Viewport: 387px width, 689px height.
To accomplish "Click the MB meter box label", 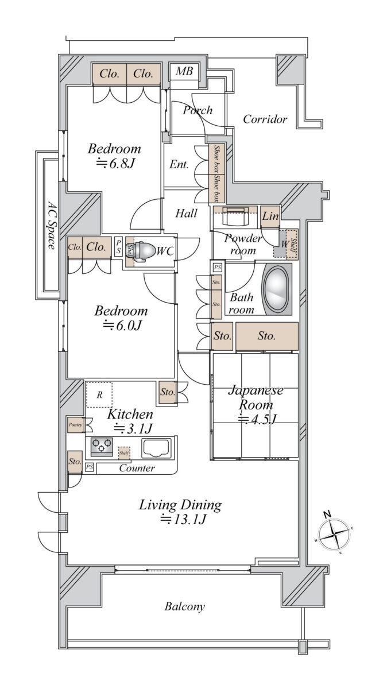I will pyautogui.click(x=184, y=72).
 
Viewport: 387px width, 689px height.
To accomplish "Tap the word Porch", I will pyautogui.click(x=198, y=110).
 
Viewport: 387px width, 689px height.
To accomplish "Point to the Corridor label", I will pyautogui.click(x=265, y=119).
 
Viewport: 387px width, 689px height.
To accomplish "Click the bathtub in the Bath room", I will pyautogui.click(x=277, y=289).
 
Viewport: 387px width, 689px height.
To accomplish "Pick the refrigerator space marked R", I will pyautogui.click(x=99, y=394).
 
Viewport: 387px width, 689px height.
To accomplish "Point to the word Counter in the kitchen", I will pyautogui.click(x=137, y=469).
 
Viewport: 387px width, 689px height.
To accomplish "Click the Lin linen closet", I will pyautogui.click(x=270, y=216).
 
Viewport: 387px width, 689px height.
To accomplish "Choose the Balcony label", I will pyautogui.click(x=184, y=606).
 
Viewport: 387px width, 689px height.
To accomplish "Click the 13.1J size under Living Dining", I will pyautogui.click(x=183, y=520).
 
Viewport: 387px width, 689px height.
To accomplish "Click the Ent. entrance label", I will pyautogui.click(x=179, y=164).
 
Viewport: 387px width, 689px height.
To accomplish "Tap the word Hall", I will pyautogui.click(x=187, y=214).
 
